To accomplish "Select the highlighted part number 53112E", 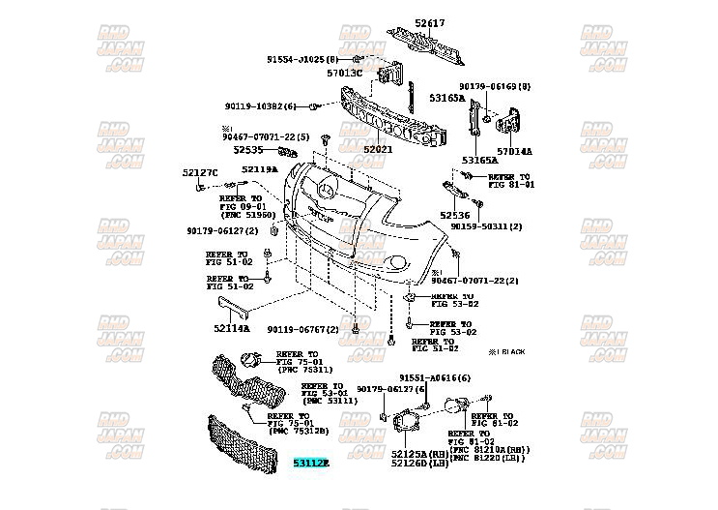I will point(311,465).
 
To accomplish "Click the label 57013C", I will point(343,73).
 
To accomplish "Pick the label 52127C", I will point(200,172).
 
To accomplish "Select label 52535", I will point(248,150).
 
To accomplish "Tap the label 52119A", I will point(259,169).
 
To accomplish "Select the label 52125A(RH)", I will point(420,453).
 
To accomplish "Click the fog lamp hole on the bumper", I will point(397,264).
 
